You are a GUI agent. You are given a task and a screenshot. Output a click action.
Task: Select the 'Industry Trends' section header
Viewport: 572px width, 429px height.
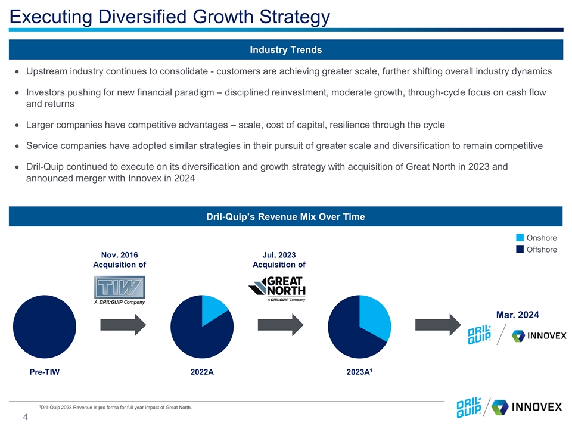286,50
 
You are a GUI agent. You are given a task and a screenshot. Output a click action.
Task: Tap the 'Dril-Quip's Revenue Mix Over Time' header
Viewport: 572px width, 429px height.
286,217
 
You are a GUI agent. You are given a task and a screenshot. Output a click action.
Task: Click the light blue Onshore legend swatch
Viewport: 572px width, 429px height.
520,239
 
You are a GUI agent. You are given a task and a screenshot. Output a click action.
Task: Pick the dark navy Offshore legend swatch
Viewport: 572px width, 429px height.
520,250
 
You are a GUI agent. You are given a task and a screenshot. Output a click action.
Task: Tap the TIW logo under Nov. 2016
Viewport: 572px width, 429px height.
119,290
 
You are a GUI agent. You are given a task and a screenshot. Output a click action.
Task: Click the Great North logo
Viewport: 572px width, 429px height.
278,288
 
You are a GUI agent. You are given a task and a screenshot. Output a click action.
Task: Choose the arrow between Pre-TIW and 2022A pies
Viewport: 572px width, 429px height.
123,326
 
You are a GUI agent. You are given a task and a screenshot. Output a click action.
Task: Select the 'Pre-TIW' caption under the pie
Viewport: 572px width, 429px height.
45,372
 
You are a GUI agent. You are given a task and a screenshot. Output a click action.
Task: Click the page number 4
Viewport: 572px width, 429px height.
26,418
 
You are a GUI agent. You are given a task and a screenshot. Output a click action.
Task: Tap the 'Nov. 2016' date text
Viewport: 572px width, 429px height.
119,254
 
